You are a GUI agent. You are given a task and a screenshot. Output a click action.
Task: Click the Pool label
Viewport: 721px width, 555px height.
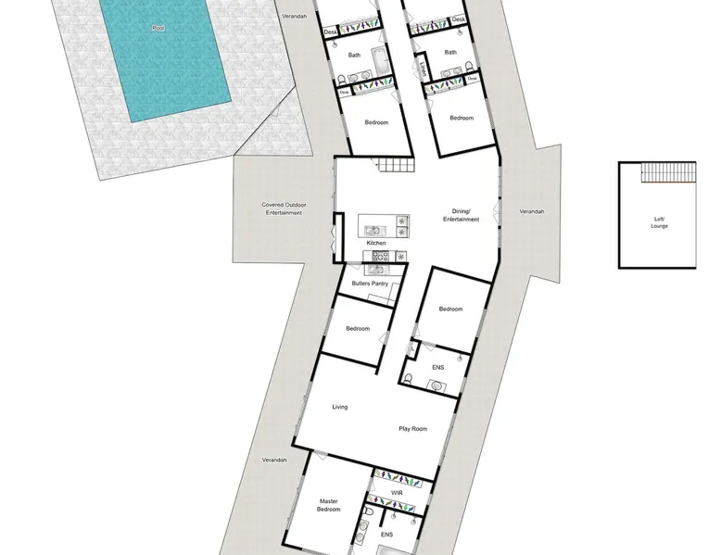[158, 29]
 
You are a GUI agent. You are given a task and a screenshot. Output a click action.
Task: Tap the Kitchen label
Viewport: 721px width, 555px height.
[376, 243]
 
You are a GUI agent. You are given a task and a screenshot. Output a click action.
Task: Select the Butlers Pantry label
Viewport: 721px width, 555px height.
[370, 284]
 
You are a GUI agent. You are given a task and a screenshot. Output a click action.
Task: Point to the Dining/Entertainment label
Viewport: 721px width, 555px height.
[462, 215]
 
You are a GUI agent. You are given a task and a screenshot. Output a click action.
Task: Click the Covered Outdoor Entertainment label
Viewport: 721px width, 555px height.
[284, 208]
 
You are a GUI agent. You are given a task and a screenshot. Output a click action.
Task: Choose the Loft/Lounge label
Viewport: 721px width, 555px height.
[660, 222]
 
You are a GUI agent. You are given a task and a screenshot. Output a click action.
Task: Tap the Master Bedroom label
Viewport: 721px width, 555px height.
[329, 505]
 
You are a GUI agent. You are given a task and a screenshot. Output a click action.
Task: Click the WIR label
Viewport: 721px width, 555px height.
[397, 493]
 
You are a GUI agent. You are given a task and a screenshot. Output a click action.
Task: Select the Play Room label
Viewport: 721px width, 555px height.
[413, 429]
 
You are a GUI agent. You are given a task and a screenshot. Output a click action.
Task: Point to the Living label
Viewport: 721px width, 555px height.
[340, 407]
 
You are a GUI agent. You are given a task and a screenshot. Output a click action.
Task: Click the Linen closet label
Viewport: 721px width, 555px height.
[423, 69]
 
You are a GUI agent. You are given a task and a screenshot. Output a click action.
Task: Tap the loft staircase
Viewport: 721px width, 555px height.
[668, 172]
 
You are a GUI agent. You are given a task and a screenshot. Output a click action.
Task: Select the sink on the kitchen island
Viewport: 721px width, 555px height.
[373, 231]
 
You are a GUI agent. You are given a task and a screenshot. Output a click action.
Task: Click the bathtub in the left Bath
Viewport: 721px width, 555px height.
[381, 61]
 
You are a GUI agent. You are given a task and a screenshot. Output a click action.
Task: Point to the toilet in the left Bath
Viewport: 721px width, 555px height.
[341, 81]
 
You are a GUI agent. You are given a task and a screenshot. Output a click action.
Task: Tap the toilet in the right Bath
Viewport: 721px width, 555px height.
[469, 67]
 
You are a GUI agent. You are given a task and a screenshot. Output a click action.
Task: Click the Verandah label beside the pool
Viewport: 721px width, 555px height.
[295, 17]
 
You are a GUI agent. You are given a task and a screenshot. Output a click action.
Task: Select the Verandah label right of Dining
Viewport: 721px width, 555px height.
[532, 211]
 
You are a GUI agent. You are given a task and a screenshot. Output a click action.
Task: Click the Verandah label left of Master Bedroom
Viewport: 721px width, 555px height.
[274, 460]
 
